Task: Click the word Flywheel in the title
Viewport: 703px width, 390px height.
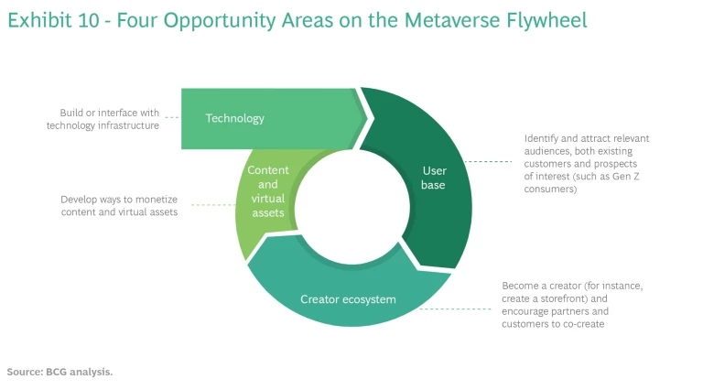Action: point(542,19)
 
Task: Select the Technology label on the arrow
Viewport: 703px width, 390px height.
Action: point(234,118)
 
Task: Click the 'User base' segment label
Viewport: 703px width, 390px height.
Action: point(434,178)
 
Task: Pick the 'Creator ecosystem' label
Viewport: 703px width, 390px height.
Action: point(349,299)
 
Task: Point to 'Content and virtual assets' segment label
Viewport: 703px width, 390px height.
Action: point(268,191)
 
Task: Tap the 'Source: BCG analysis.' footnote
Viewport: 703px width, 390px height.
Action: point(59,372)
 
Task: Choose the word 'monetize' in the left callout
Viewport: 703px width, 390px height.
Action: point(157,199)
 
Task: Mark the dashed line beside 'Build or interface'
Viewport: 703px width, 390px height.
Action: point(170,118)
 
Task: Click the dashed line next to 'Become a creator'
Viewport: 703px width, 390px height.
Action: point(458,309)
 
